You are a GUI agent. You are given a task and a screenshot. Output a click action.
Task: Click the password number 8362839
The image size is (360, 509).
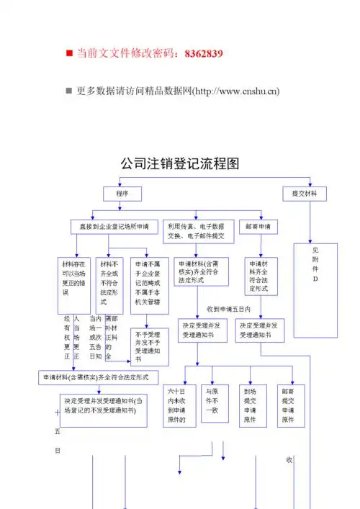click(x=204, y=53)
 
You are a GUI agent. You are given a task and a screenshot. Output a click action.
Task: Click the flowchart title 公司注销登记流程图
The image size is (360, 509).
click(x=179, y=165)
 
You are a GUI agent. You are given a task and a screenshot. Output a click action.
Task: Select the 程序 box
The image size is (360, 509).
click(x=122, y=194)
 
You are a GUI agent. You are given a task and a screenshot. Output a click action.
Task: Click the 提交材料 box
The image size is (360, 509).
click(x=305, y=194)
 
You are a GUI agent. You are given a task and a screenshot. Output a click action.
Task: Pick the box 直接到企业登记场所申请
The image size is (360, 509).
click(x=114, y=226)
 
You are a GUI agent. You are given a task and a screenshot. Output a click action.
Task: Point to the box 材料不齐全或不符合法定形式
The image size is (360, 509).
click(x=112, y=284)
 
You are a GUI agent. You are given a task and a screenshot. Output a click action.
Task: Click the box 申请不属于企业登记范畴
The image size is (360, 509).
click(x=150, y=284)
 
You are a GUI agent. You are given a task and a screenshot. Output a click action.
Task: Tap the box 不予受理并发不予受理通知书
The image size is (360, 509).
click(x=150, y=347)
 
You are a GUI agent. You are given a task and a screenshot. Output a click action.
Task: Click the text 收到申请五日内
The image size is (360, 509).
click(x=228, y=309)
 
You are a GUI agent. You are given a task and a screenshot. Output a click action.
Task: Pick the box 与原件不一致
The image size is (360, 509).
click(x=213, y=405)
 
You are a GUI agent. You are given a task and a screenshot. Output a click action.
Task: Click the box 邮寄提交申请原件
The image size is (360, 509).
click(x=287, y=405)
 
